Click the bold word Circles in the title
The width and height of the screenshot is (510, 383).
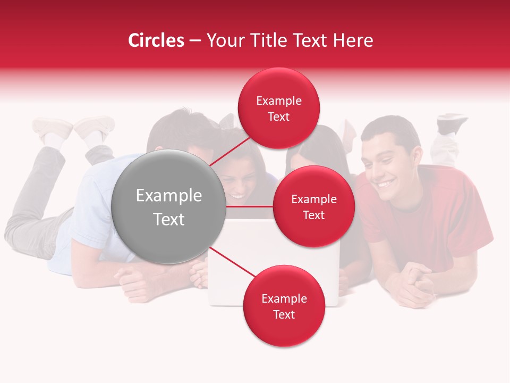pos(156,40)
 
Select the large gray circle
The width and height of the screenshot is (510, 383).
pos(168,207)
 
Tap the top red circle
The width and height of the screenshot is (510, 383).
pos(278,108)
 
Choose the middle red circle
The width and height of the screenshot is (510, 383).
pos(313,206)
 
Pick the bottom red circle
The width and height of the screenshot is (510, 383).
pos(284,306)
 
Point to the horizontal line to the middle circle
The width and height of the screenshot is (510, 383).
pos(249,206)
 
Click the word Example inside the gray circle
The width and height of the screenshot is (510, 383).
pos(168,196)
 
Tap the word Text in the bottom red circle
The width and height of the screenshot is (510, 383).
pos(284,314)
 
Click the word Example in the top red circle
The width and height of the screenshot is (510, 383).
pos(278,101)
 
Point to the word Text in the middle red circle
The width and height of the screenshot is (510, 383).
pos(313,215)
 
